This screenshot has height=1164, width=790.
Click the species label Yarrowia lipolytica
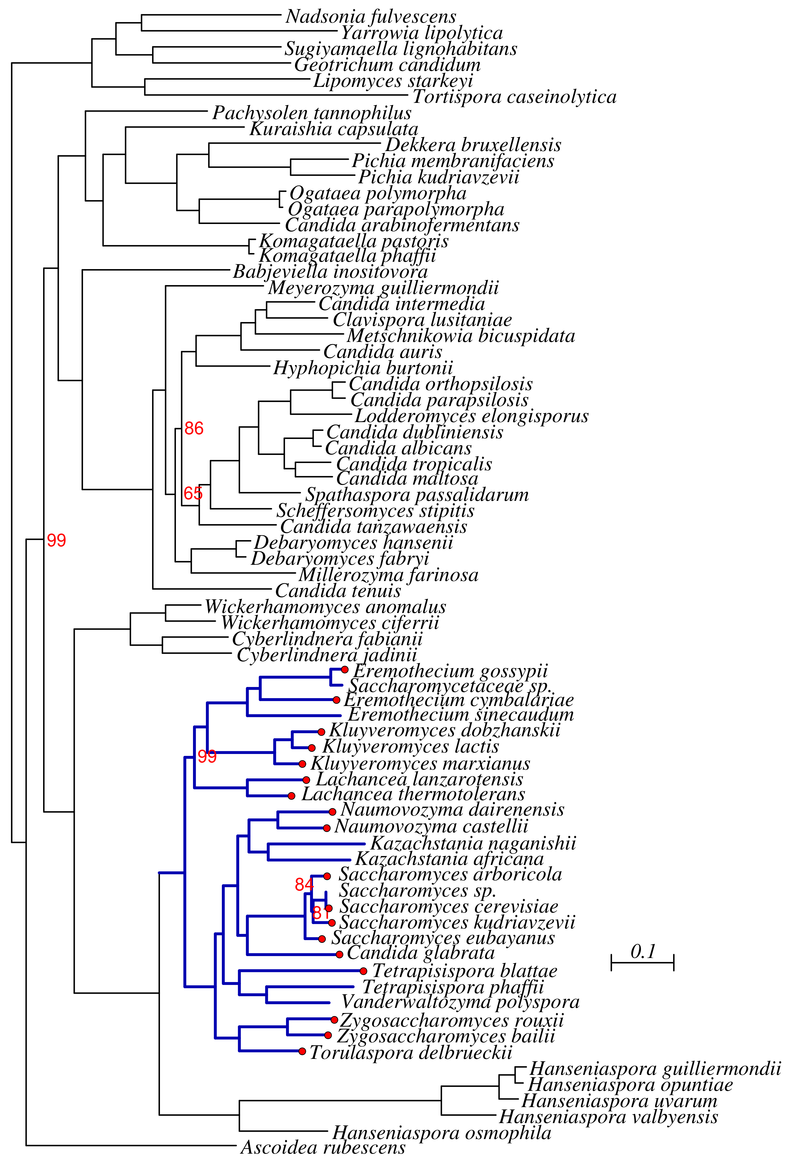[422, 33]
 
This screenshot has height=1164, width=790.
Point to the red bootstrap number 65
[193, 493]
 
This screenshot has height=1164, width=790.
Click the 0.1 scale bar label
[643, 951]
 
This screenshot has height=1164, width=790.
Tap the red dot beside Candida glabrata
[340, 954]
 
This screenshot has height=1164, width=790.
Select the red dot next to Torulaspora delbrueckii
[302, 1051]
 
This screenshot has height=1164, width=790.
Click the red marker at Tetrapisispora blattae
[363, 971]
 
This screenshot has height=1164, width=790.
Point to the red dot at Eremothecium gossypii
[345, 670]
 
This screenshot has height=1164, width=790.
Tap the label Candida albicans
[399, 448]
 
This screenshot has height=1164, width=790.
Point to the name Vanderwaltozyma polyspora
[460, 1002]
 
